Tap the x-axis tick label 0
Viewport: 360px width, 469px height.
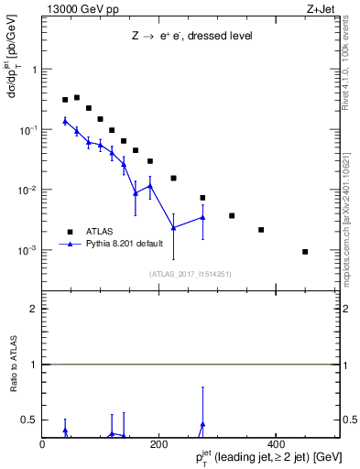42,445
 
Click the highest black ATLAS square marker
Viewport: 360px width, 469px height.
77,97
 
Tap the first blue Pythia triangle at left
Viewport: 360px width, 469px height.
65,121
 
